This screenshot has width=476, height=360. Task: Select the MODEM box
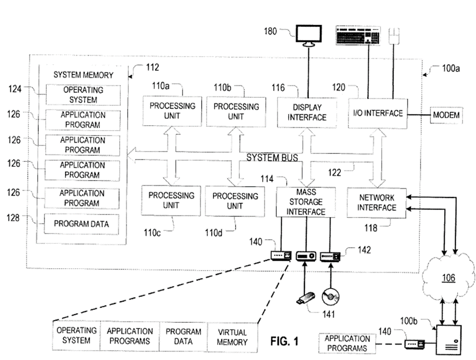(445, 115)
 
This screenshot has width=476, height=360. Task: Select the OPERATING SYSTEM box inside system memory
(83, 95)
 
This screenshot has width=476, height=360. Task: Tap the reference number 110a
(160, 86)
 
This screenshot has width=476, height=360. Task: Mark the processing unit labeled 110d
(235, 201)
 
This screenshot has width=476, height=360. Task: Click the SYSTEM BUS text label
(272, 158)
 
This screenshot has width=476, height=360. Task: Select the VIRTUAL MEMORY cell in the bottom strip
(232, 337)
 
